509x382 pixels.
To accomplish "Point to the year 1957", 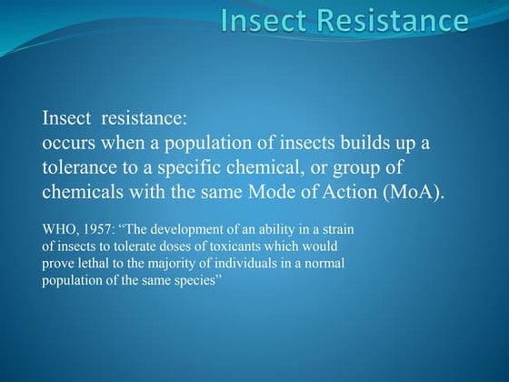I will point(99,230).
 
